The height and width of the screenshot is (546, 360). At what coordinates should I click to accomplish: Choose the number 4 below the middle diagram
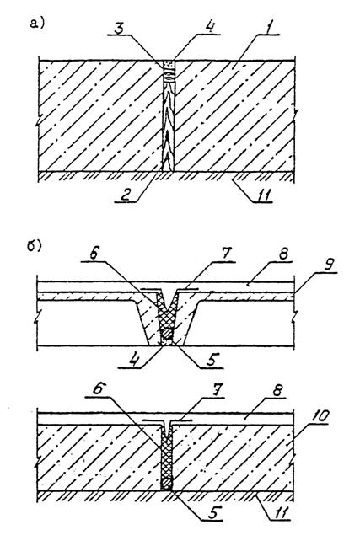point(133,359)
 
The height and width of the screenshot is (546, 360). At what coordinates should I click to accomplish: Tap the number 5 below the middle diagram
point(211,360)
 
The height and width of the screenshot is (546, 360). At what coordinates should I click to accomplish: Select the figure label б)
point(35,246)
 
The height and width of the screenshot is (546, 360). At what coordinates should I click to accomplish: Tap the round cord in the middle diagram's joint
point(168,333)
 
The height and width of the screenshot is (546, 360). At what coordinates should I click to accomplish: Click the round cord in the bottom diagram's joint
point(167,484)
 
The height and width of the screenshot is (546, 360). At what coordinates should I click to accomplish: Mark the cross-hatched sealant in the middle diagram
point(167,311)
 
